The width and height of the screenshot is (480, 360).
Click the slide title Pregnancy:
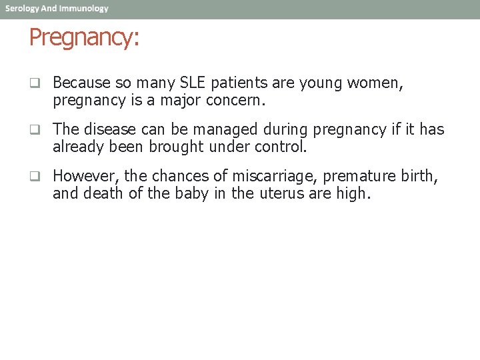pyautogui.click(x=84, y=39)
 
